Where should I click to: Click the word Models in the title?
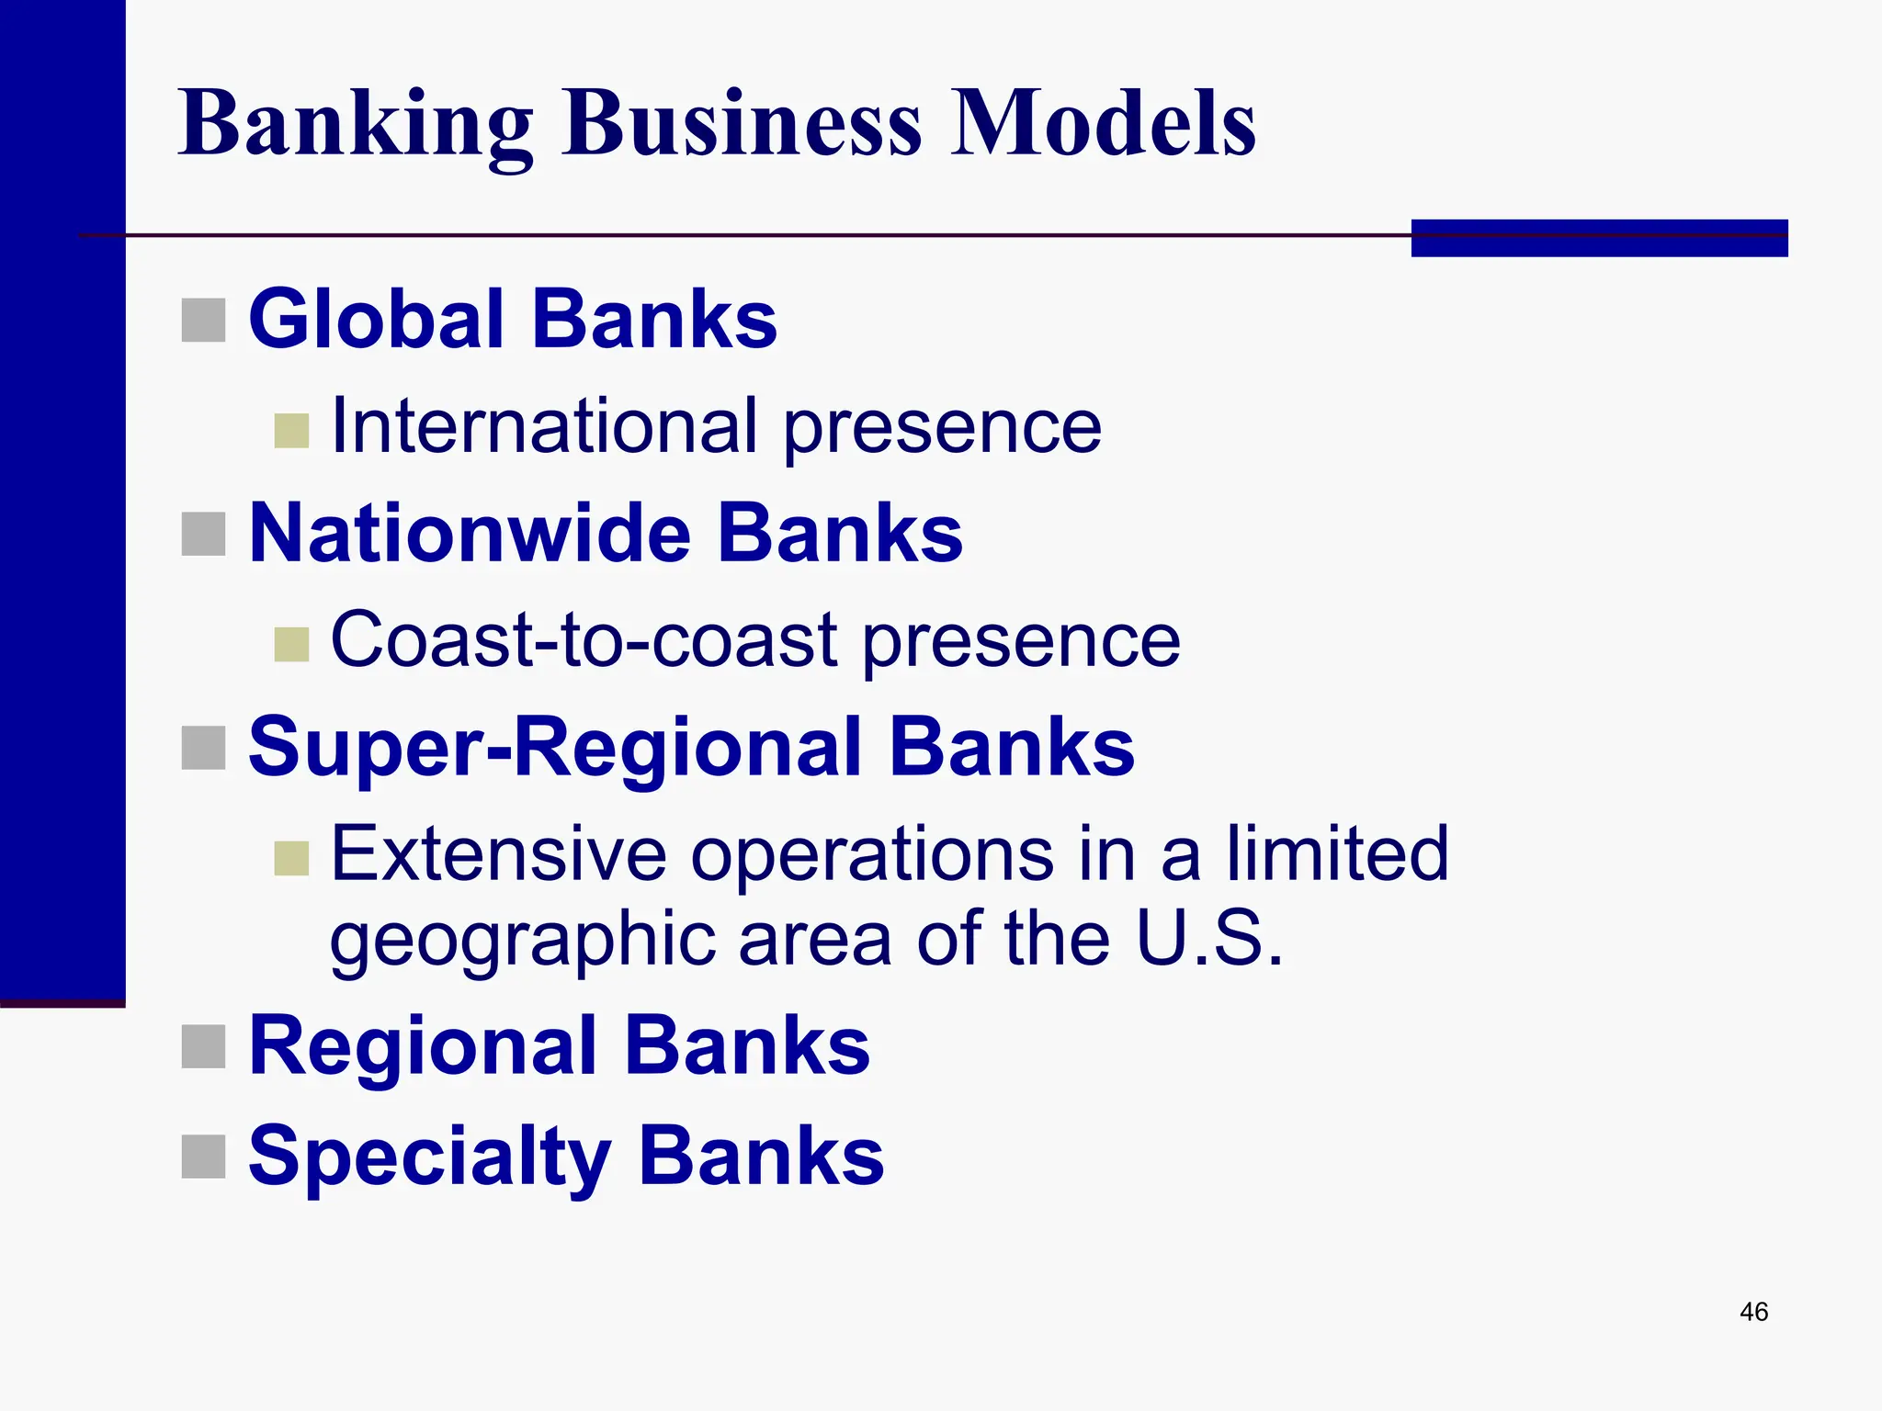(x=1102, y=124)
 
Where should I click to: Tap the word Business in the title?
(x=743, y=124)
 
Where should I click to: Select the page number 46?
(x=1753, y=1312)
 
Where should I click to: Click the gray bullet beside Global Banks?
(x=203, y=320)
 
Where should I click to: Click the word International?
(x=544, y=426)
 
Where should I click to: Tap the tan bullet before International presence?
(x=291, y=431)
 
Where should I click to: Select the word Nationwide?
(x=470, y=534)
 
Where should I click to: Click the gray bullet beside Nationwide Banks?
(x=203, y=534)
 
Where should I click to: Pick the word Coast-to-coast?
(x=584, y=640)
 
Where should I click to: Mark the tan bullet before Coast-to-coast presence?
(x=291, y=645)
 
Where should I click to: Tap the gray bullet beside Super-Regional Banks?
(x=203, y=748)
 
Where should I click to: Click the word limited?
(x=1337, y=854)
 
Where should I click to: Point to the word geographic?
(x=522, y=941)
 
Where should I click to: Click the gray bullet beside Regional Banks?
(x=203, y=1046)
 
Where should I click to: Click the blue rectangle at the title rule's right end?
(x=1599, y=238)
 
